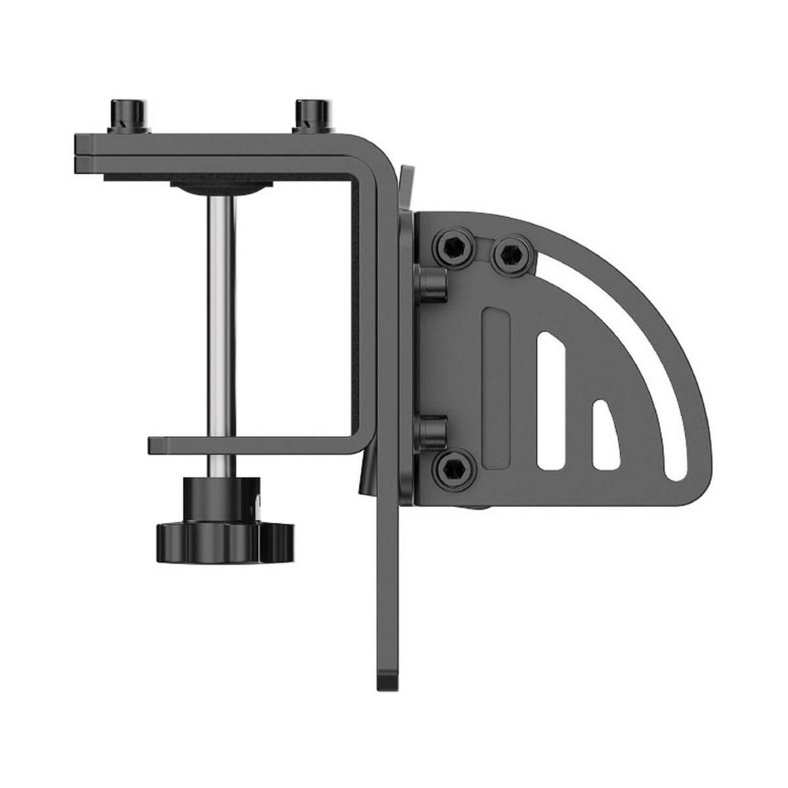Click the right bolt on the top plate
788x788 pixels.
coord(309,115)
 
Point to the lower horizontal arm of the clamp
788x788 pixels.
coord(256,445)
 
